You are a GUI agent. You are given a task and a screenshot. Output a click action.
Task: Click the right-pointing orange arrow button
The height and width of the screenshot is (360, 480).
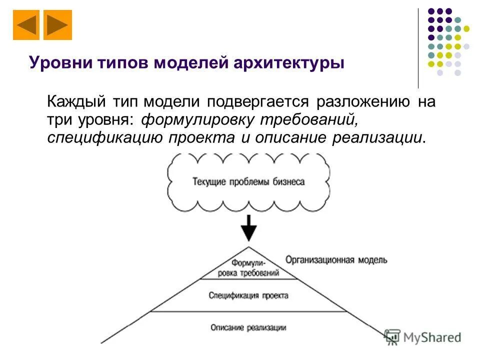[x=58, y=25]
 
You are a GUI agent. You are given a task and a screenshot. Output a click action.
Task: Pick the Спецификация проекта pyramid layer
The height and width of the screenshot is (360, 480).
[x=248, y=295]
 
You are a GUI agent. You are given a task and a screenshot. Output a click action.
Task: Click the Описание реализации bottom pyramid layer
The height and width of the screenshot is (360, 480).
[x=248, y=327]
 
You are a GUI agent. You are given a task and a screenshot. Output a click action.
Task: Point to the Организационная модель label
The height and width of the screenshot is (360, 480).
[x=336, y=260]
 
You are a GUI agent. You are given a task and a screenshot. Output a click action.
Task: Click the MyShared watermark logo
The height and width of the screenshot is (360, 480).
[x=423, y=337]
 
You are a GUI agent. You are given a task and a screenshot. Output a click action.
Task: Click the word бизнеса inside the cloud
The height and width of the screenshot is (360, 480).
[x=288, y=181]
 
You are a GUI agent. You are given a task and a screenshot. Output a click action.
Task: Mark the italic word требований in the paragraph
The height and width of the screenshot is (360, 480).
[x=314, y=120]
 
